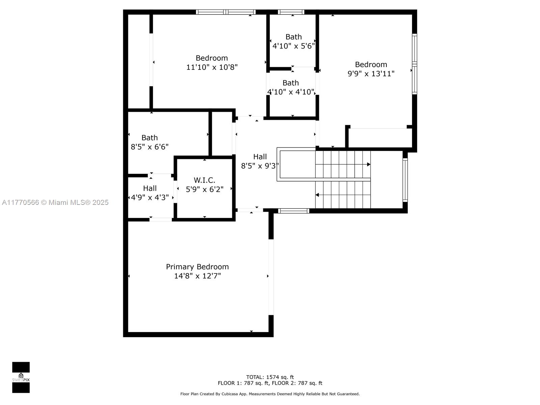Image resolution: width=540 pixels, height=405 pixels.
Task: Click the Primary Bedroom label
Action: [x=197, y=267]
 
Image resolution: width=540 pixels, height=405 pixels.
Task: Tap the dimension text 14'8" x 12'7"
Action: [x=197, y=276]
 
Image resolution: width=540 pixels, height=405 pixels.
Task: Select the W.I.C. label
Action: [x=205, y=180]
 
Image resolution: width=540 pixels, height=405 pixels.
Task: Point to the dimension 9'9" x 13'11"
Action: [x=371, y=74]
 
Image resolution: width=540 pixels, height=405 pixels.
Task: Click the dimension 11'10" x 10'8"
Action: [x=212, y=67]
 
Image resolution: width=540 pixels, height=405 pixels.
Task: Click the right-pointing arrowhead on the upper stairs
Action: [x=369, y=164]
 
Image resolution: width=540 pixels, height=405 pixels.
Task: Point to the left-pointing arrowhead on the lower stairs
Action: [x=317, y=195]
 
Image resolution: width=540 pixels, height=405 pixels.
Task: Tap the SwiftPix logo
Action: [x=21, y=377]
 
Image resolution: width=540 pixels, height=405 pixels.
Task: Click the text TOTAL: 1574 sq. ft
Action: [x=270, y=377]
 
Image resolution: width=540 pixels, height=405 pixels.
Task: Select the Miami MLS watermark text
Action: [x=55, y=202]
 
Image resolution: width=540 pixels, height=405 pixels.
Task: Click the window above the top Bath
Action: [x=291, y=12]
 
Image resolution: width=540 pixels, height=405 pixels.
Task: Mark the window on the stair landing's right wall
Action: [x=405, y=180]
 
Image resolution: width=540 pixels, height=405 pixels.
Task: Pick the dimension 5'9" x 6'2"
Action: [x=205, y=189]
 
